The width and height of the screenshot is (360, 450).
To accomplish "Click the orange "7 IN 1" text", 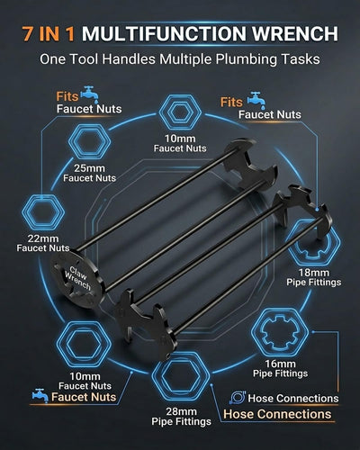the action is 49,33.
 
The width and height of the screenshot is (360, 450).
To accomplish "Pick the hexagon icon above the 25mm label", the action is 89,142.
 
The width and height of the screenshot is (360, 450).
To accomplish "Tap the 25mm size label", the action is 89,168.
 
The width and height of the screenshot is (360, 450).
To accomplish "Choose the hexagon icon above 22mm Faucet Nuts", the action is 43,212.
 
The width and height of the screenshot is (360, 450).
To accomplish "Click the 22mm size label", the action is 43,238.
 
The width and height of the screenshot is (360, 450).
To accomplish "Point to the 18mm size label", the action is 314,273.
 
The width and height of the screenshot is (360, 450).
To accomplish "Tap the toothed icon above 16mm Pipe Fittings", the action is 280,332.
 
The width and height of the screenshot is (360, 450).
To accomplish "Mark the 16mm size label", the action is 280,364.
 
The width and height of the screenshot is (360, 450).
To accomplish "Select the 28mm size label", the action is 181,411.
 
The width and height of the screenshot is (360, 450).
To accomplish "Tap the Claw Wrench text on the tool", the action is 77,278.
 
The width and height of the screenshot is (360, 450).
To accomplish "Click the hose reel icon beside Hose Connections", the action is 238,398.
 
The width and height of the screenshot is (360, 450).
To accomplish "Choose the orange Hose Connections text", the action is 277,414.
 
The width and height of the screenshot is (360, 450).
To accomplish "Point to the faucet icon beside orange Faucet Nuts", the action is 40,396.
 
